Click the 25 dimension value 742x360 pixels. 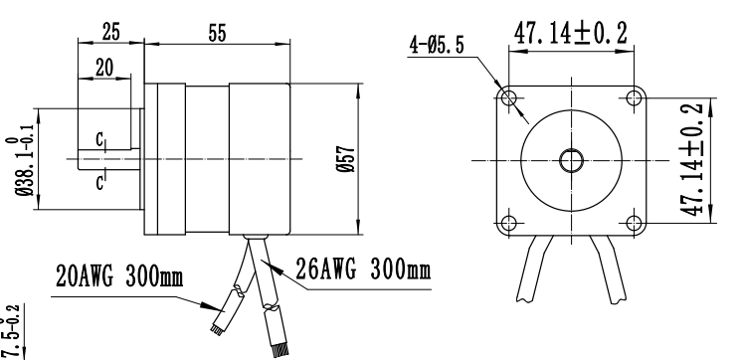point(111,32)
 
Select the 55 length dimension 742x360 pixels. point(217,34)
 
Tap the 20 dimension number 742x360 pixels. point(104,68)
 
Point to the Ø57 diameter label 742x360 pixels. point(346,159)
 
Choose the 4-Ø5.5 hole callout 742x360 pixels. point(437,46)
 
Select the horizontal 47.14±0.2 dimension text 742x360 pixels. point(571,33)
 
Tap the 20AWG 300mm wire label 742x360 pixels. point(119,275)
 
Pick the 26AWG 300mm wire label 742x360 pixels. point(363,270)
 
